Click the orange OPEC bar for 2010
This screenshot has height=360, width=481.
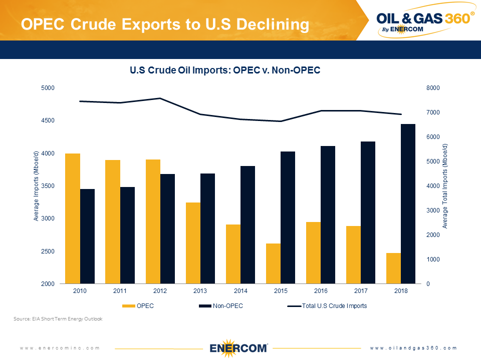(x=73, y=218)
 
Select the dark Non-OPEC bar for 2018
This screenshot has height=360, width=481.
(x=408, y=203)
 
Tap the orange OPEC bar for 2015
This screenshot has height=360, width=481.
(x=273, y=263)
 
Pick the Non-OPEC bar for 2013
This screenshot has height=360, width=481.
(x=208, y=228)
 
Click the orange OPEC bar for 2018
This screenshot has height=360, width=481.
(x=393, y=268)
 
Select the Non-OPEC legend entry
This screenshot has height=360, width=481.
(x=221, y=306)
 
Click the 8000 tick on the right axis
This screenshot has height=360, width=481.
(x=419, y=88)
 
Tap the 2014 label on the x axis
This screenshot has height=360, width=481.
(x=241, y=290)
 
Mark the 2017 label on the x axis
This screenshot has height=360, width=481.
(x=361, y=290)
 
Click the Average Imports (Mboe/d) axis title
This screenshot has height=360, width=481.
(x=36, y=186)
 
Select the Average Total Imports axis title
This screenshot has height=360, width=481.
(x=445, y=186)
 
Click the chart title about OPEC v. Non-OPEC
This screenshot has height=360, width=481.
(x=225, y=71)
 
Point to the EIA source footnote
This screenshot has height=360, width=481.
(x=58, y=318)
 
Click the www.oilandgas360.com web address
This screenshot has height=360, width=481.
(x=414, y=347)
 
